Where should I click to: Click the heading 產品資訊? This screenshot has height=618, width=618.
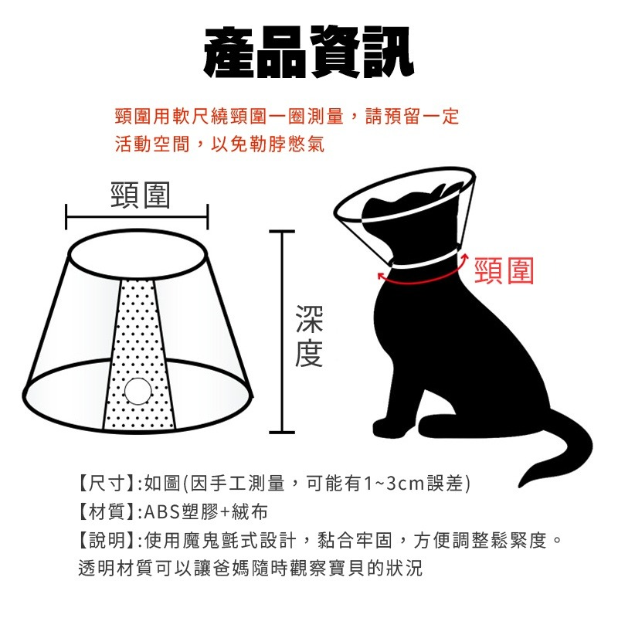point(308,53)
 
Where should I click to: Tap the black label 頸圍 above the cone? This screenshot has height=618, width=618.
point(140,196)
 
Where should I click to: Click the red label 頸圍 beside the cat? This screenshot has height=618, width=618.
point(504,270)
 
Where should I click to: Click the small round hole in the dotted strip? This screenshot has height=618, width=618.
point(139,392)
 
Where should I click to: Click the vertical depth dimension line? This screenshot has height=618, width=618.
point(283,332)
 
